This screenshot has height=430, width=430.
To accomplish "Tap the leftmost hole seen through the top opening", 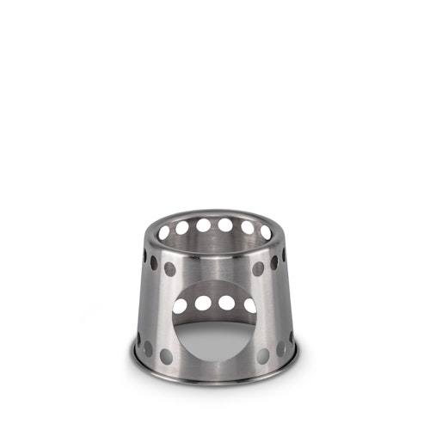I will [x=163, y=232].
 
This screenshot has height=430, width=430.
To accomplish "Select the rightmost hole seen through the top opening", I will [x=266, y=232].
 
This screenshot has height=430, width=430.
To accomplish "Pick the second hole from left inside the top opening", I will [x=181, y=227].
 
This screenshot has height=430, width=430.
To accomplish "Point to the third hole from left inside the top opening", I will [x=203, y=225].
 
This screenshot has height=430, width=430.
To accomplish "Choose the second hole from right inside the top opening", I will [x=248, y=227].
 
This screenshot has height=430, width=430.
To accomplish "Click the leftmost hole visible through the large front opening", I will [x=180, y=306].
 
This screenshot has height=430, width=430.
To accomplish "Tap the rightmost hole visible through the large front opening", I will [x=249, y=306].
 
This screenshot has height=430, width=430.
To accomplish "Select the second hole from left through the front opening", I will [x=202, y=303].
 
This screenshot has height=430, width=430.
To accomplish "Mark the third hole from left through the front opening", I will [x=226, y=303].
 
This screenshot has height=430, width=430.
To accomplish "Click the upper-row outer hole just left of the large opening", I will [x=170, y=268].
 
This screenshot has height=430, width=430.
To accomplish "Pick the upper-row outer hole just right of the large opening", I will [x=258, y=268].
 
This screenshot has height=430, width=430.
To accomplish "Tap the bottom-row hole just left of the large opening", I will [x=166, y=356].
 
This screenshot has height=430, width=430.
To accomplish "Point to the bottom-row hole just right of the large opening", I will [x=263, y=356].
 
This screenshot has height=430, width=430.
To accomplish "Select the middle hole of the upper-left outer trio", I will [x=154, y=262].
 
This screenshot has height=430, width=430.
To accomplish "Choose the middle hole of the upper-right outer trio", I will [x=274, y=262].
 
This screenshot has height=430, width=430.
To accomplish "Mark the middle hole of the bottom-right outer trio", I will [x=280, y=348].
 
